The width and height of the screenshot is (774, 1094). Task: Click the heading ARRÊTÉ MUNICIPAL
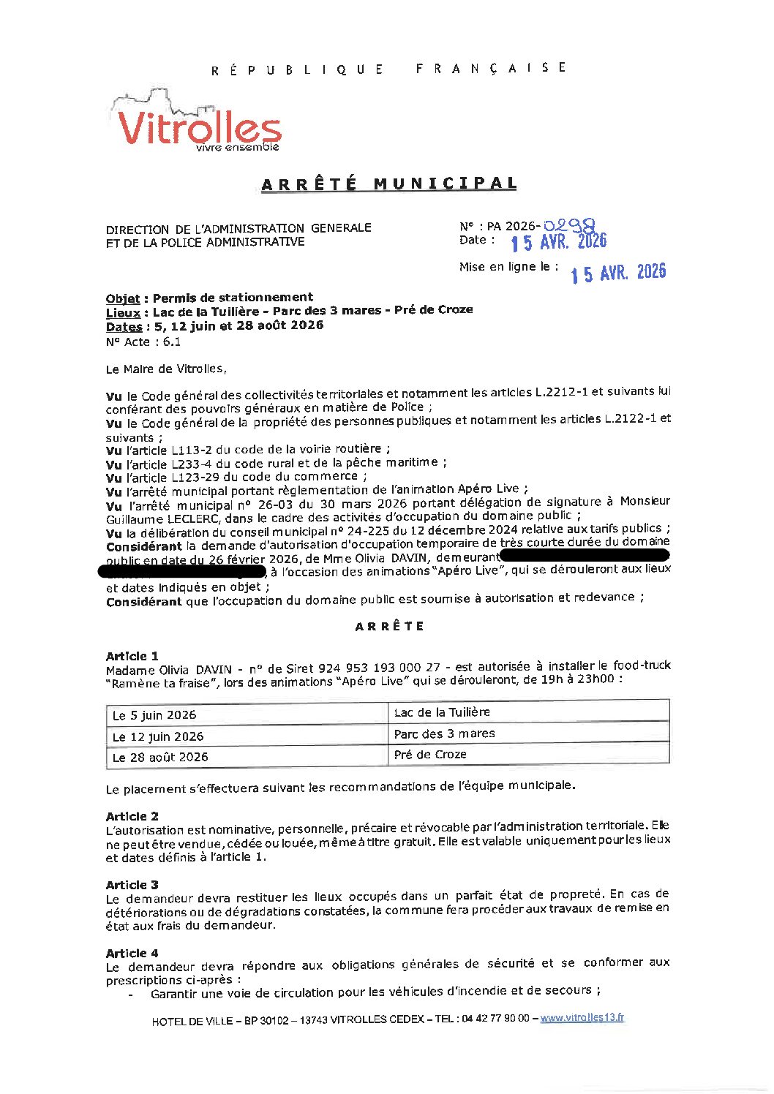coord(388,184)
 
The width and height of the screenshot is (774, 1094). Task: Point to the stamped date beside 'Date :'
coord(558,242)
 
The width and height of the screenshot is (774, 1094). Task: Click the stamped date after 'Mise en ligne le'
coord(618,273)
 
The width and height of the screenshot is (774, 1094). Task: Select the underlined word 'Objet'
coord(123,298)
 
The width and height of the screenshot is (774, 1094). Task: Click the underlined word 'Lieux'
coord(123,312)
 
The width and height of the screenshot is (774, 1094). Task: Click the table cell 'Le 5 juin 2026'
coord(154,715)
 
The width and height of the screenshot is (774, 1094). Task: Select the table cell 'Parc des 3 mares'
coord(444,733)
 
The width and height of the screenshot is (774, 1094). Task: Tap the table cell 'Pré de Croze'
coord(430,754)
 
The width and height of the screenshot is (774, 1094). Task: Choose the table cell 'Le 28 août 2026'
coord(160,757)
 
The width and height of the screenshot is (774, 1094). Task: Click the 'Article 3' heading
coord(132,885)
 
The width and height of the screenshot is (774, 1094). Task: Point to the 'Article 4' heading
coord(132,953)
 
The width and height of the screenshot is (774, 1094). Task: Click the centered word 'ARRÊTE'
coord(389,627)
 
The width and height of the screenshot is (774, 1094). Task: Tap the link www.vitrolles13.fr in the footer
coord(582,1017)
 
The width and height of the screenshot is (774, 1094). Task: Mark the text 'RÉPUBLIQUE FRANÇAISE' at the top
coord(388,69)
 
